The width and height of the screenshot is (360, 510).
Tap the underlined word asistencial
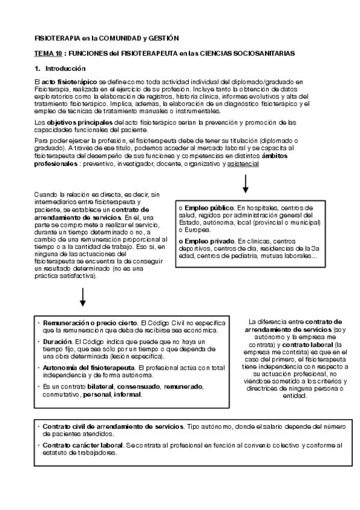point(243,163)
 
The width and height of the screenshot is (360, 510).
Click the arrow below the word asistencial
point(245,183)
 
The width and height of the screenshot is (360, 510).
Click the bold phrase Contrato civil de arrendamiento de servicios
point(113,426)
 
